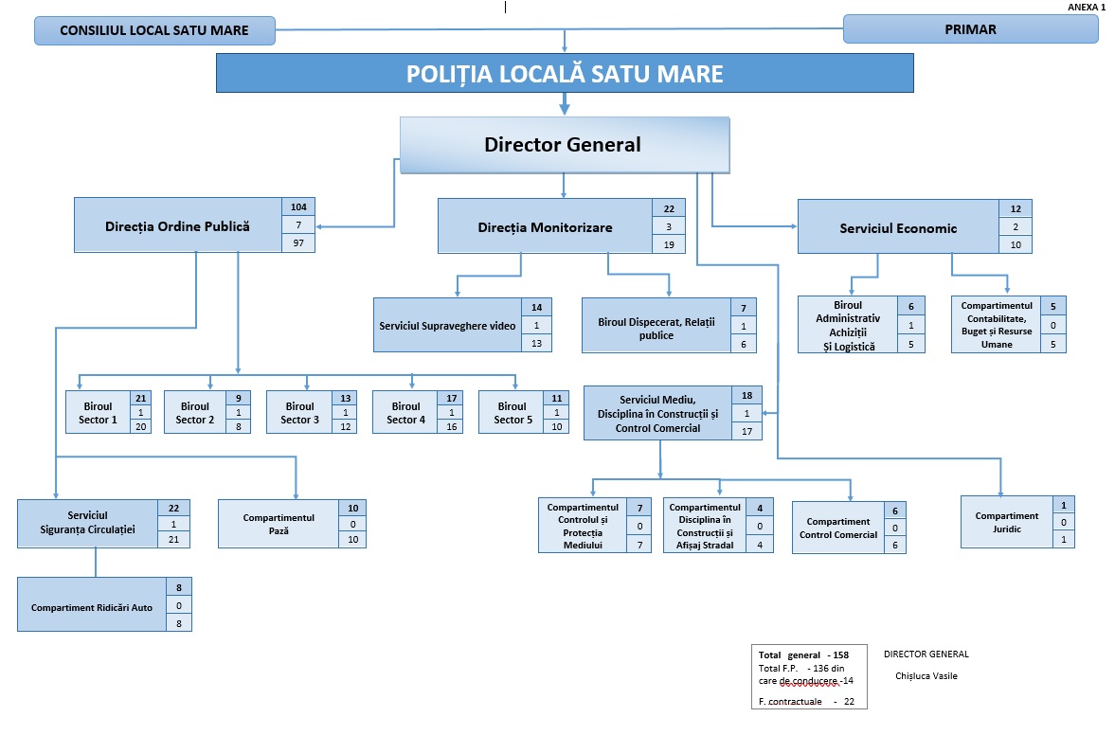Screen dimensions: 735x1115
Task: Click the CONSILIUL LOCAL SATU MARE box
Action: click(154, 30)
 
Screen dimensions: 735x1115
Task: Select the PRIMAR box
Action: click(970, 29)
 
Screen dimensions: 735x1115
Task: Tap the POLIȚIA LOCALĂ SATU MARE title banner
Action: click(565, 74)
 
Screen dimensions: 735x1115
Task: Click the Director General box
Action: click(563, 145)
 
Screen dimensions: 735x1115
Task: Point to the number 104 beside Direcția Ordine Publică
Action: click(299, 206)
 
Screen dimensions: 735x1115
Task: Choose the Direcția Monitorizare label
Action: click(545, 227)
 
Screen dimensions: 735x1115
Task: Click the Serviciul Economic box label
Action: click(898, 228)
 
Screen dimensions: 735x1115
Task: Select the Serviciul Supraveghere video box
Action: click(447, 326)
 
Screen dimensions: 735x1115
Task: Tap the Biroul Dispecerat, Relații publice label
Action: click(656, 329)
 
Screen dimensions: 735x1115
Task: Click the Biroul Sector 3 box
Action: click(299, 413)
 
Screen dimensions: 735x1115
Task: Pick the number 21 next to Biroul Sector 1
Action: click(141, 398)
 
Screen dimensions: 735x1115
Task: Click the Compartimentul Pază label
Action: click(279, 525)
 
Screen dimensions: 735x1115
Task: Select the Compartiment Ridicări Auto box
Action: click(92, 606)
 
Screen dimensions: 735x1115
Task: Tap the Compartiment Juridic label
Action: click(1006, 523)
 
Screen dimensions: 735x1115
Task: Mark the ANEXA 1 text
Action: click(1087, 7)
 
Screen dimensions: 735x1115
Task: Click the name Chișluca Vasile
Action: click(926, 676)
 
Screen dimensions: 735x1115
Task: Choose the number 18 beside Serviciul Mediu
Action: click(746, 395)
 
